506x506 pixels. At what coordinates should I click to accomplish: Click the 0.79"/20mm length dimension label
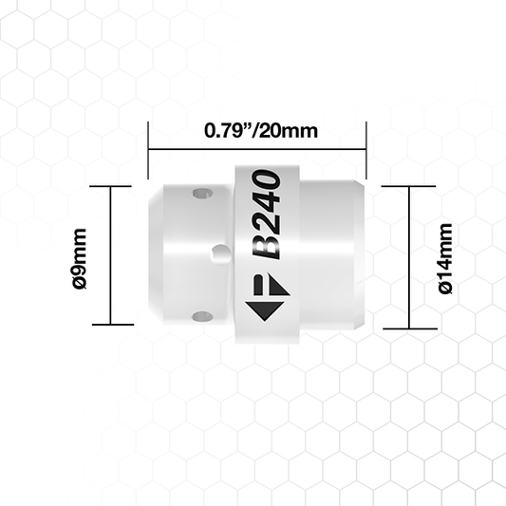coord(261,131)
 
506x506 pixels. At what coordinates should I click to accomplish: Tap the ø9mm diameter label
coord(80,259)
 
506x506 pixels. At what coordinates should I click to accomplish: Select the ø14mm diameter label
coord(445,258)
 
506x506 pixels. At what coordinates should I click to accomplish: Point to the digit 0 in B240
coord(267,180)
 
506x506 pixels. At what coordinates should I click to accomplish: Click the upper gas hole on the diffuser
coord(202,194)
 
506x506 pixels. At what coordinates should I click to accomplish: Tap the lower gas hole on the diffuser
coord(202,316)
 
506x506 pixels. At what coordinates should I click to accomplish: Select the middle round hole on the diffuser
coord(220,254)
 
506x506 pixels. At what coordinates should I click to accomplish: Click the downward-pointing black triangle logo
coord(265,310)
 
